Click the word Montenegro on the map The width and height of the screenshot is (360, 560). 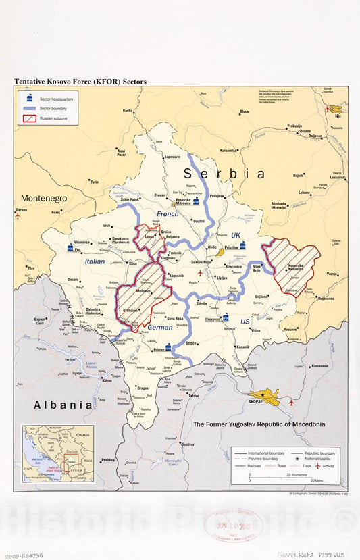coord(44,199)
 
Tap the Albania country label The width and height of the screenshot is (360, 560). coord(63,405)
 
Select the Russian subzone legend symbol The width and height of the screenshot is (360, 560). coord(29,119)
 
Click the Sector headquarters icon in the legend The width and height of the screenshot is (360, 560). coord(29,99)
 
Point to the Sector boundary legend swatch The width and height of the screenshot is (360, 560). coord(29,109)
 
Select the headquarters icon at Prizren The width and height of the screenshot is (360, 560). coord(168,347)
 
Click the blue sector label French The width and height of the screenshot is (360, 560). coord(168,214)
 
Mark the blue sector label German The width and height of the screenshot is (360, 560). coord(160,327)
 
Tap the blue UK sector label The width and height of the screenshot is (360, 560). coord(235,234)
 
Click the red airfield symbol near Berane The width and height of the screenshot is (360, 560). coord(18,216)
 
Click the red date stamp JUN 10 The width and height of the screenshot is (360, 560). coord(230,524)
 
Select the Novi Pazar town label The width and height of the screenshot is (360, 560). coord(122,153)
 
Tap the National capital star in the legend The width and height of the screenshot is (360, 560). coord(297,459)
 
